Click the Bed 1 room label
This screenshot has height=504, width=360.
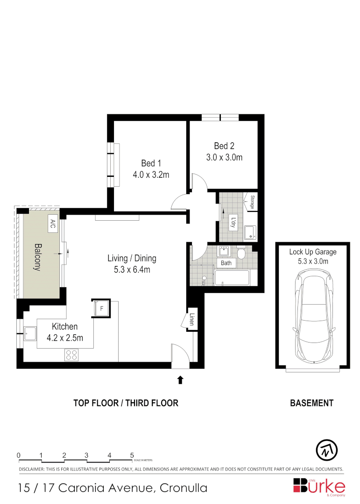[151, 163]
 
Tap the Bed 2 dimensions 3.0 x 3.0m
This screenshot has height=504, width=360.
[224, 157]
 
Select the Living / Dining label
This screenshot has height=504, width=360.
[132, 258]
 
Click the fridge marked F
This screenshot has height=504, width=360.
[101, 308]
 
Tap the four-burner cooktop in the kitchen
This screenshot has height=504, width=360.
[71, 355]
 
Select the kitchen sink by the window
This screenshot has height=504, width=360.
[30, 333]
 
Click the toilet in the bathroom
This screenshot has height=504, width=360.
[241, 253]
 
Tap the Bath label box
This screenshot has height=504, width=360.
[226, 263]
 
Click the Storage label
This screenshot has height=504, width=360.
[251, 203]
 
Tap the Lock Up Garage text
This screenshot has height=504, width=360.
[312, 252]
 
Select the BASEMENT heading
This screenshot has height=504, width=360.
[311, 403]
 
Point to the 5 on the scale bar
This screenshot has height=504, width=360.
[132, 455]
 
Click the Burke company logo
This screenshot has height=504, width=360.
[319, 486]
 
